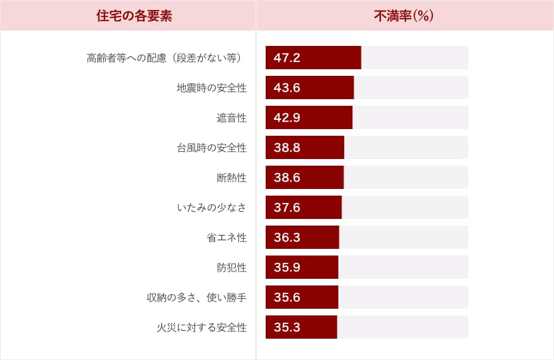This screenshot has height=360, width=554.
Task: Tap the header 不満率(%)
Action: pyautogui.click(x=404, y=16)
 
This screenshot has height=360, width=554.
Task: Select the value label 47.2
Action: pyautogui.click(x=287, y=58)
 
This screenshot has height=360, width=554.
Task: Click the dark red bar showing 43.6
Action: pyautogui.click(x=310, y=88)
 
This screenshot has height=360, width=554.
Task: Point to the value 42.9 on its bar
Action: pyautogui.click(x=287, y=118)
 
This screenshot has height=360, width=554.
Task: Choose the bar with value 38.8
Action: pyautogui.click(x=304, y=148)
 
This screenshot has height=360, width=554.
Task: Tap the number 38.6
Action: pyautogui.click(x=287, y=178)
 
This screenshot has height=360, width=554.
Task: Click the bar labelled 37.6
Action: pyautogui.click(x=303, y=208)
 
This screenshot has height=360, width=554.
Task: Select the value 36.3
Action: pyautogui.click(x=287, y=238)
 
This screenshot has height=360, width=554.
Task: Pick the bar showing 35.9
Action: pyautogui.click(x=302, y=268)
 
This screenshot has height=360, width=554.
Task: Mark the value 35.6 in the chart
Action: pyautogui.click(x=287, y=297)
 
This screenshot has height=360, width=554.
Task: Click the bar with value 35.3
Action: pyautogui.click(x=301, y=327)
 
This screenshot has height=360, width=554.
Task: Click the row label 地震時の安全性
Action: pyautogui.click(x=212, y=88)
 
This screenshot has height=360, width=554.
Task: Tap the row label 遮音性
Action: pyautogui.click(x=232, y=118)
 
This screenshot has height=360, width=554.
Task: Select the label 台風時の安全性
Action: pyautogui.click(x=212, y=148)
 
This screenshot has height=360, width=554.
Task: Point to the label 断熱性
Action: pyautogui.click(x=232, y=178)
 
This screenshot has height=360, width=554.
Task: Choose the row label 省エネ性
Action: pyautogui.click(x=226, y=238)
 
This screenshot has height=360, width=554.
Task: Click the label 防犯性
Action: pyautogui.click(x=232, y=268)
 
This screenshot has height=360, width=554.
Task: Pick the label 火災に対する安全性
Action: pyautogui.click(x=202, y=327)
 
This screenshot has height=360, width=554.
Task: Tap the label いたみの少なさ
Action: pyautogui.click(x=212, y=208)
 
